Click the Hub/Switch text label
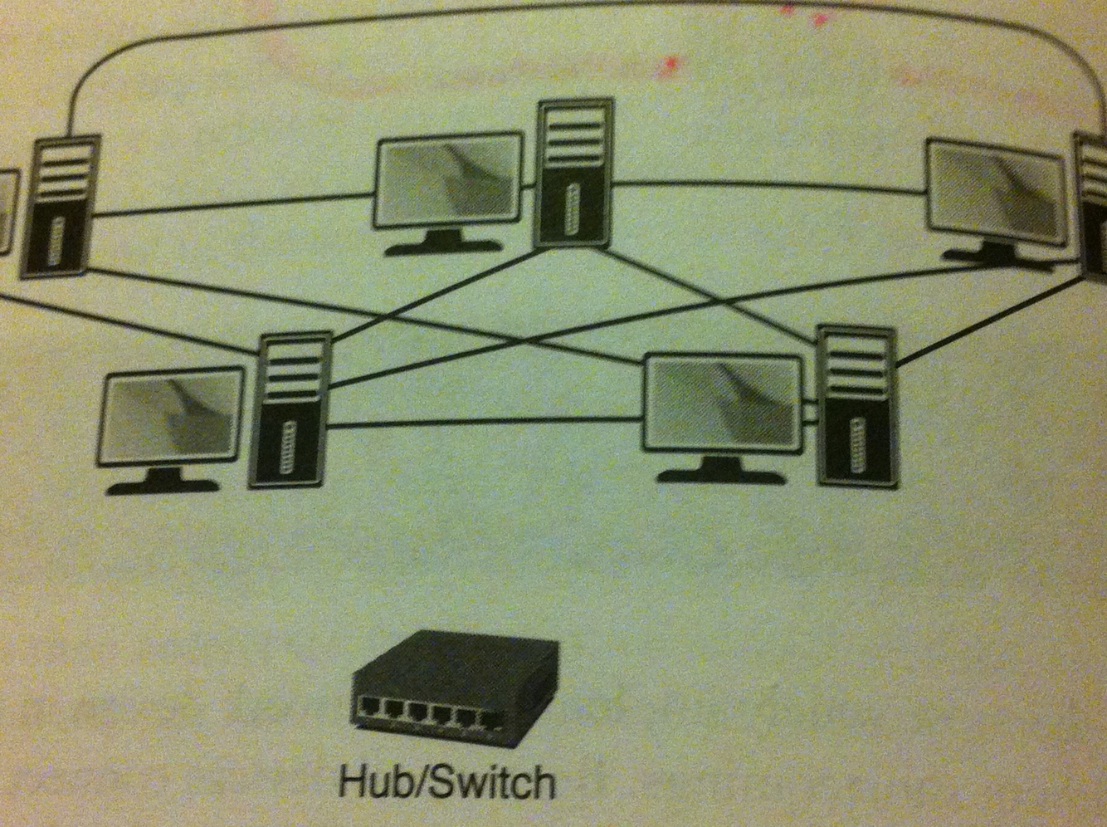point(446,781)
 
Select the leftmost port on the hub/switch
point(368,707)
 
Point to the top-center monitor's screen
point(449,181)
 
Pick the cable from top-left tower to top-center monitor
point(232,206)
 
